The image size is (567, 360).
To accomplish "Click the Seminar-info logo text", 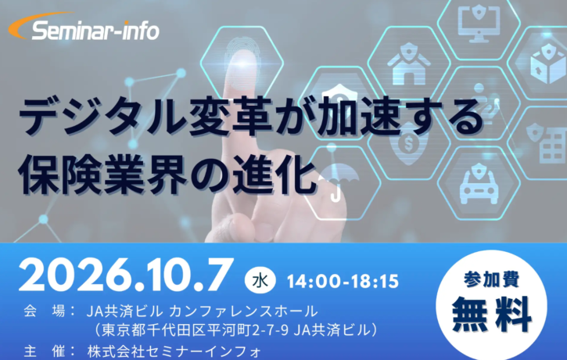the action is [x=95, y=31].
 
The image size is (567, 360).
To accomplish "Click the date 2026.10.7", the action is [x=125, y=275].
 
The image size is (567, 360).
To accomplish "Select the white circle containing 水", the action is [x=260, y=280].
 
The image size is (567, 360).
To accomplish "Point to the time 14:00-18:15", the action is [x=343, y=282].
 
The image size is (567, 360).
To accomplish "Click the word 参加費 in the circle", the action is [x=491, y=279].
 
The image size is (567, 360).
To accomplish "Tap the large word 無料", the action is [x=492, y=314].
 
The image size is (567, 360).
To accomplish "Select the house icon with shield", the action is [x=408, y=64].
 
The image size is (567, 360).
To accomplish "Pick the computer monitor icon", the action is [x=479, y=23].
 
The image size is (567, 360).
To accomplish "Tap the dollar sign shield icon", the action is [x=408, y=143].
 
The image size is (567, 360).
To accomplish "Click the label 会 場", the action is [x=45, y=311].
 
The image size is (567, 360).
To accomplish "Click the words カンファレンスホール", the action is [x=243, y=311].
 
